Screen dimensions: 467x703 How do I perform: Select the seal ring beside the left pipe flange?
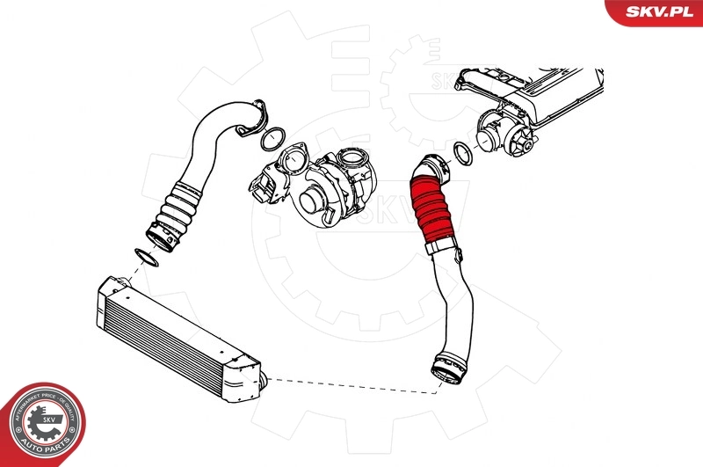272,137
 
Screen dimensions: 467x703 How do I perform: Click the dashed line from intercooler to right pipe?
351,383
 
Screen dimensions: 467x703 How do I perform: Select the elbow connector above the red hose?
431,166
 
